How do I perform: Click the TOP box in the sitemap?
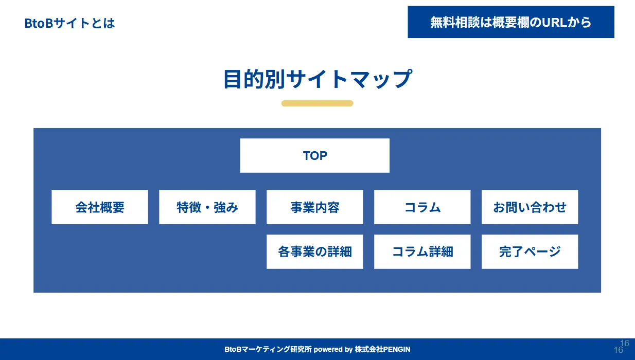314,155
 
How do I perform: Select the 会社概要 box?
100,207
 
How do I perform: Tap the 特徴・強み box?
207,207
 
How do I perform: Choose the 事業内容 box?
314,207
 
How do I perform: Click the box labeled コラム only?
422,207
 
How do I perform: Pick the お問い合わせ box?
530,207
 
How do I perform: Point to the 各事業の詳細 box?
314,251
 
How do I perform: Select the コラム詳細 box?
422,251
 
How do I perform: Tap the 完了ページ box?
530,251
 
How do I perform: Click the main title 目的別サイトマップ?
317,79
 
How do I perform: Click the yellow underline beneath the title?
317,103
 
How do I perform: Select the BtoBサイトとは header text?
69,23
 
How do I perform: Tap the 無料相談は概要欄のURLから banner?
510,22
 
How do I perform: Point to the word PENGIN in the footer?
397,350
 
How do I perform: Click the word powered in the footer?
328,350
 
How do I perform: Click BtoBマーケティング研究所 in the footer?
268,350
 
